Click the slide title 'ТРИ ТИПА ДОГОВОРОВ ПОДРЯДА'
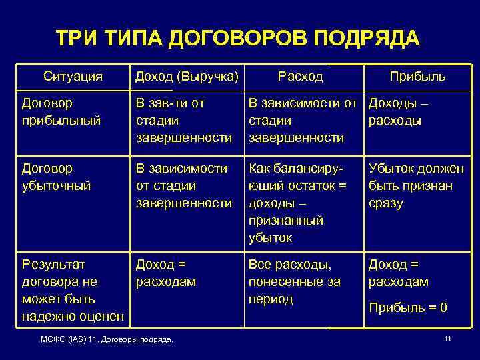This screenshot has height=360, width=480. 238,38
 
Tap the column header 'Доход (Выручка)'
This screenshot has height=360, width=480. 186,77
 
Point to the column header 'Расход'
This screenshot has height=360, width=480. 301,77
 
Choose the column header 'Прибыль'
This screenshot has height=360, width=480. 418,77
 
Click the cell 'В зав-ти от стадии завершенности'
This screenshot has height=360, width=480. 184,121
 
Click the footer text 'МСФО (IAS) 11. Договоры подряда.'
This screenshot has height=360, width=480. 107,340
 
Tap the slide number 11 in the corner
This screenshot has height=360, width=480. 447,339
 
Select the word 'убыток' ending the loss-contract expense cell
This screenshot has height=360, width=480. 270,237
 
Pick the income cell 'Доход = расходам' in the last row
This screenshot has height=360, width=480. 166,273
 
